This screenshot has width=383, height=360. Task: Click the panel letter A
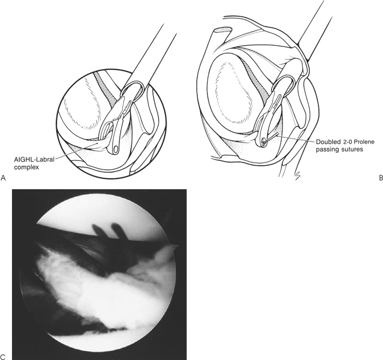[3, 178]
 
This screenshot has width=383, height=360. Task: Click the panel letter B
[381, 178]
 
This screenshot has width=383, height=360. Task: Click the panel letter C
[3, 357]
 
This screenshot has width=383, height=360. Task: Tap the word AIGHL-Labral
[34, 161]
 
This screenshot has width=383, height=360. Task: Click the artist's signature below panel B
[298, 174]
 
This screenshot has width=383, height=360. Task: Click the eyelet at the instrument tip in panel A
[115, 149]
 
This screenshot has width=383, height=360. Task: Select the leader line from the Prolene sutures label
[295, 139]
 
